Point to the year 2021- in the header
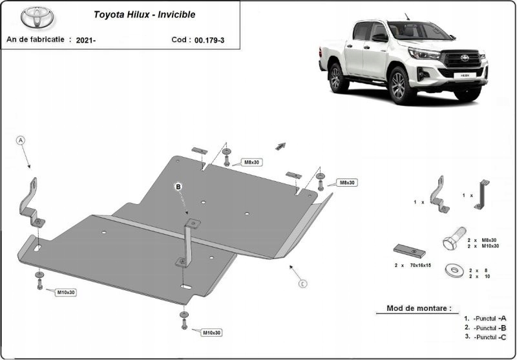pyautogui.click(x=85, y=39)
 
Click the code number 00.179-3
pyautogui.click(x=209, y=39)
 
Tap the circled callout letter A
pyautogui.click(x=20, y=140)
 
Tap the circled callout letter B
pyautogui.click(x=179, y=187)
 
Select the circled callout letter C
pyautogui.click(x=302, y=283)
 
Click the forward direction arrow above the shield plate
pyautogui.click(x=280, y=145)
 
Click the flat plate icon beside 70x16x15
pyautogui.click(x=407, y=249)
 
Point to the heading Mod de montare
pyautogui.click(x=418, y=308)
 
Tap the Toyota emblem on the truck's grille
pyautogui.click(x=463, y=58)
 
